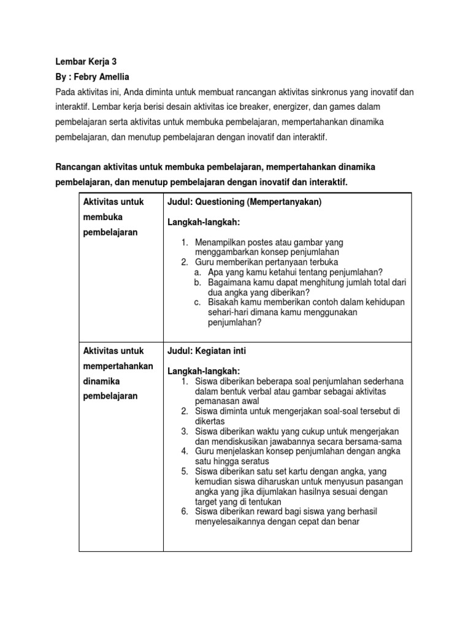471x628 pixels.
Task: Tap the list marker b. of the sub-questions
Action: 197,282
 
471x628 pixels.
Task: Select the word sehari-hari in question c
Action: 221,312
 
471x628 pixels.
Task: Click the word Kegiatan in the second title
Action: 212,351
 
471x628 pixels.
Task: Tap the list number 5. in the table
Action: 185,471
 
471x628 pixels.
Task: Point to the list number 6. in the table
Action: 185,511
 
